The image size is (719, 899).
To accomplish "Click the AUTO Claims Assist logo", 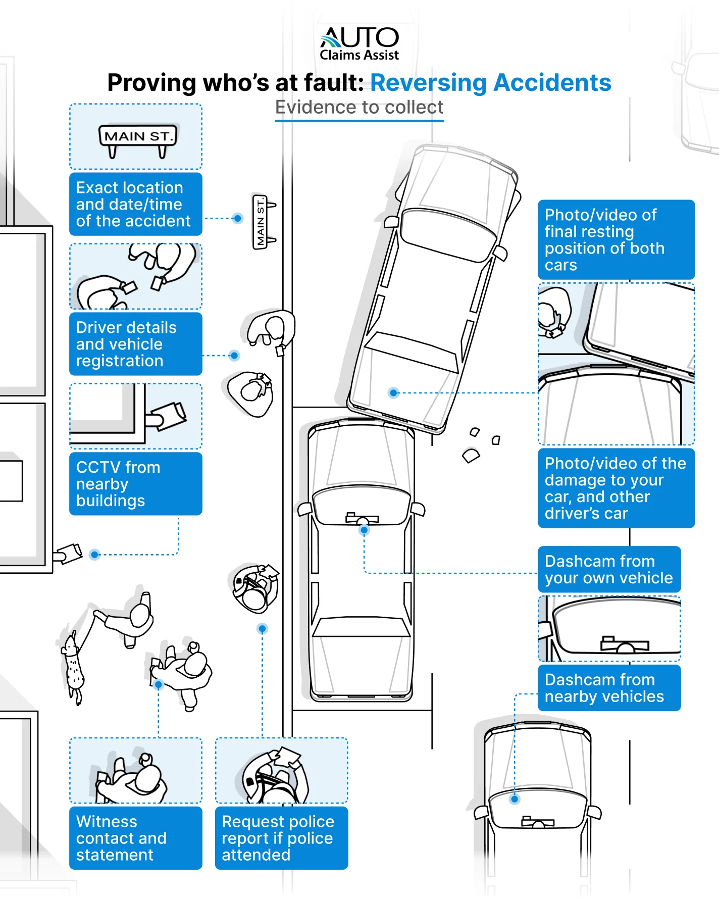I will point(359,44).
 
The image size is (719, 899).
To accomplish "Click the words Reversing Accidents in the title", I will point(490,83).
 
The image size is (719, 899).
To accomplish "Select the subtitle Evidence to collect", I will point(359,108).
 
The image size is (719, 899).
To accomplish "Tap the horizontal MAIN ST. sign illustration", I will point(138,137).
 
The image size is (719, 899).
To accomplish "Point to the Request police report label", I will point(281,838).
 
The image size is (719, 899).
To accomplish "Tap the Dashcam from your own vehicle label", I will point(609,569).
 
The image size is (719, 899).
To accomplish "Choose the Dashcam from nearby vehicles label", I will point(609,688).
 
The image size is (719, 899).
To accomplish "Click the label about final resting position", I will point(616,239).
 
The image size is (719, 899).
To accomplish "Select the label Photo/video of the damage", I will point(616,488).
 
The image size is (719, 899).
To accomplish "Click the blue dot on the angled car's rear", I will point(393,392).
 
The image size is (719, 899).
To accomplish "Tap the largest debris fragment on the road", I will point(471,456).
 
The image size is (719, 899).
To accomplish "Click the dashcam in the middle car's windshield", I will point(362,518).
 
